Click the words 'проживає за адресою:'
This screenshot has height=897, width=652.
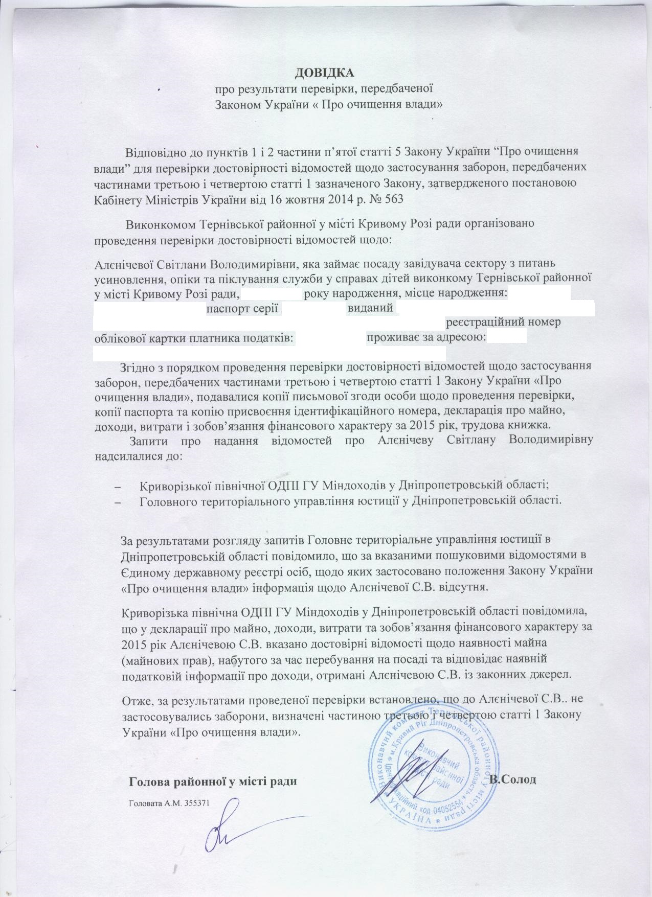426,338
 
